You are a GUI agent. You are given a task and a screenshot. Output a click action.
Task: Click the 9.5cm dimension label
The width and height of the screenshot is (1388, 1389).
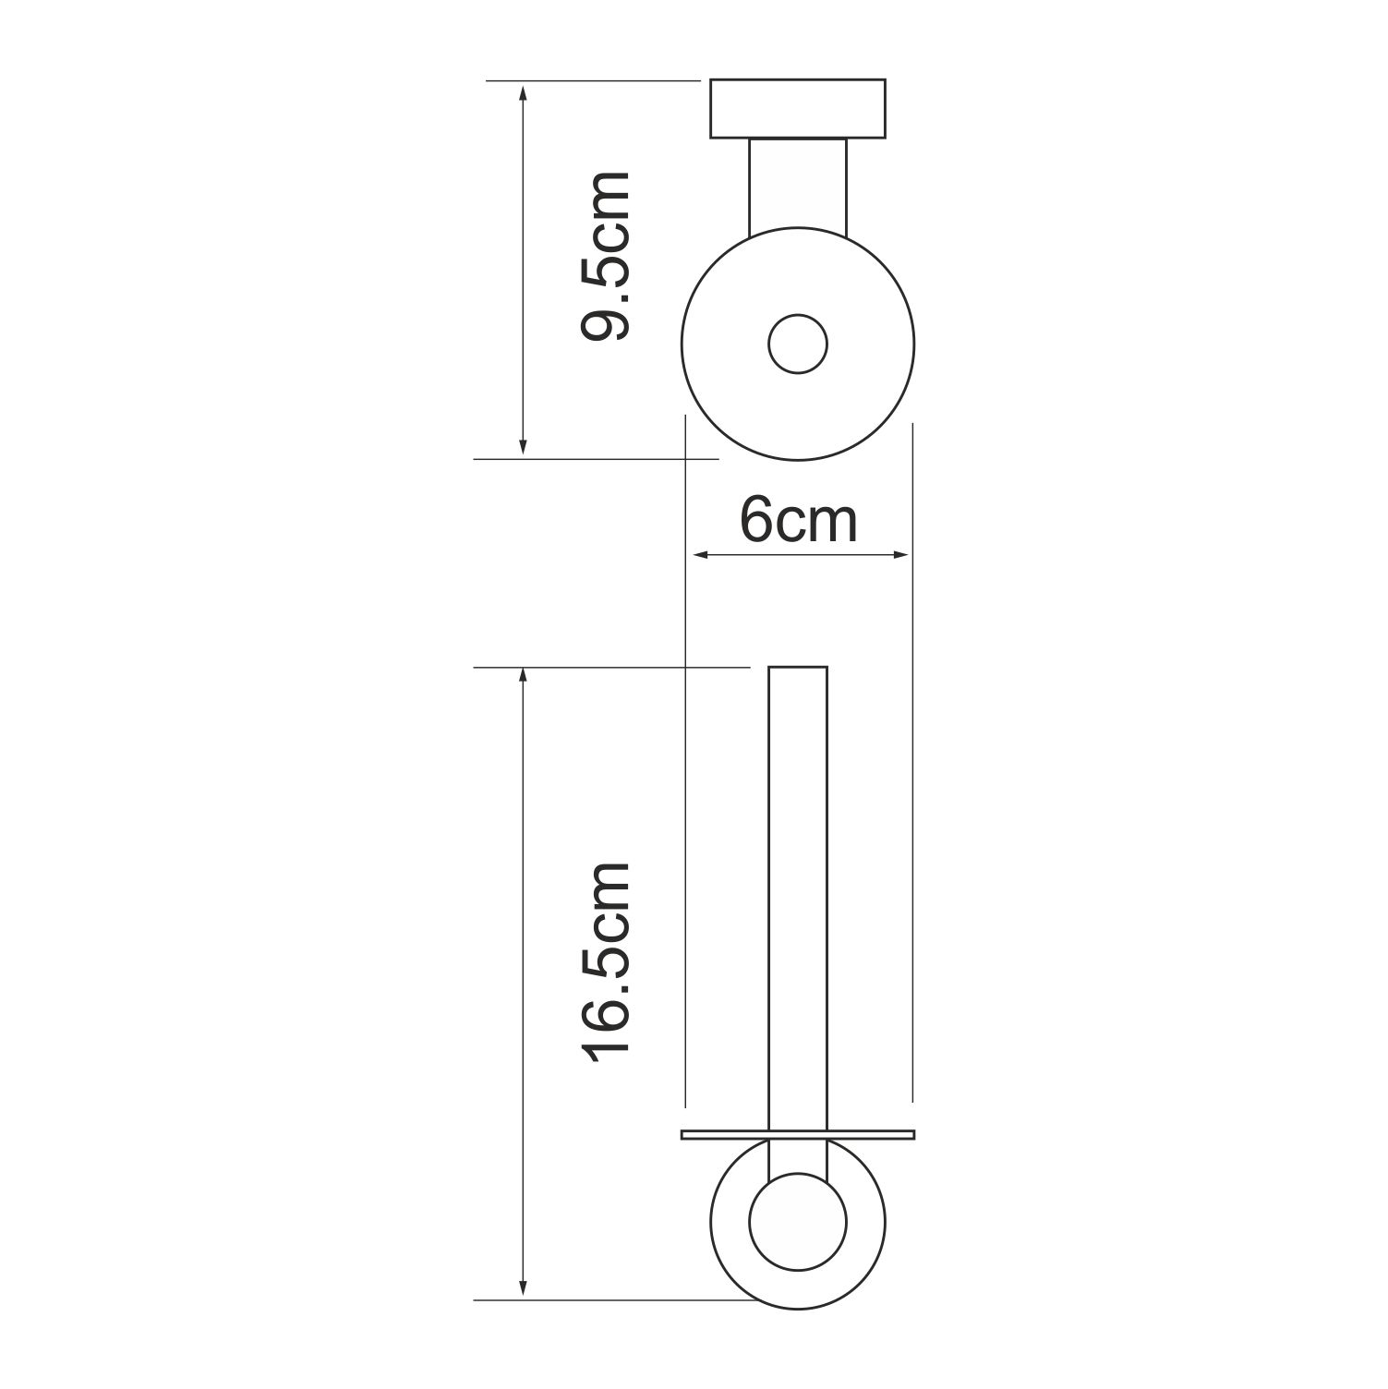point(606,256)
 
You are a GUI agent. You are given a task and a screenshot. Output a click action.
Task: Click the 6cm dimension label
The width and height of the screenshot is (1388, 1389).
point(799,522)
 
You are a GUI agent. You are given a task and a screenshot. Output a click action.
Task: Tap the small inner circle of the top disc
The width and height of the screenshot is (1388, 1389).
point(798,344)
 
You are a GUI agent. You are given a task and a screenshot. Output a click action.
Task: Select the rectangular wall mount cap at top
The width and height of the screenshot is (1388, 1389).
point(798,109)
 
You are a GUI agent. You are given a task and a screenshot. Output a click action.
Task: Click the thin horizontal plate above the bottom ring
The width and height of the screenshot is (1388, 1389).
point(798,1134)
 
